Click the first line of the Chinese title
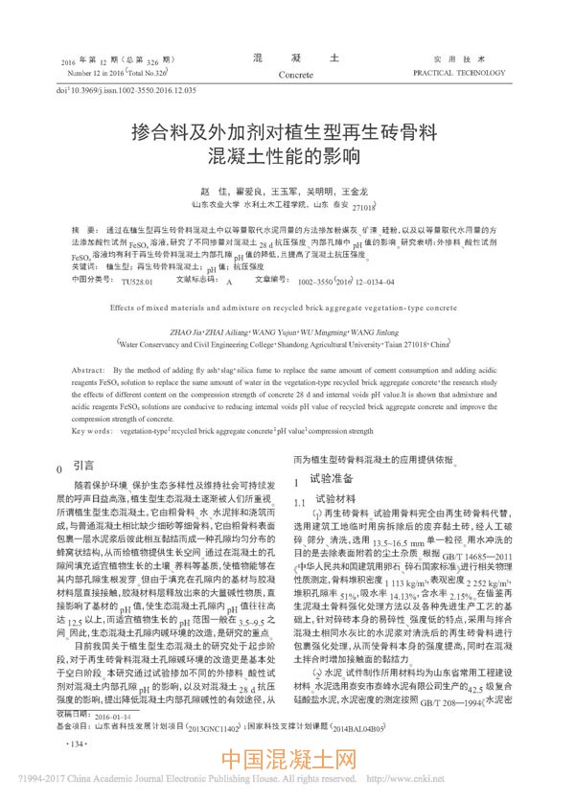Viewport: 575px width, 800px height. (x=286, y=131)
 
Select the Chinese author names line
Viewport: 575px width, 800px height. (x=287, y=192)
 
